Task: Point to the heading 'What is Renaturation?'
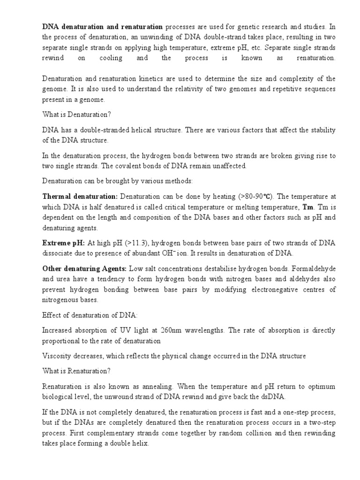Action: (x=76, y=371)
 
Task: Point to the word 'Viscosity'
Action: (x=57, y=356)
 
